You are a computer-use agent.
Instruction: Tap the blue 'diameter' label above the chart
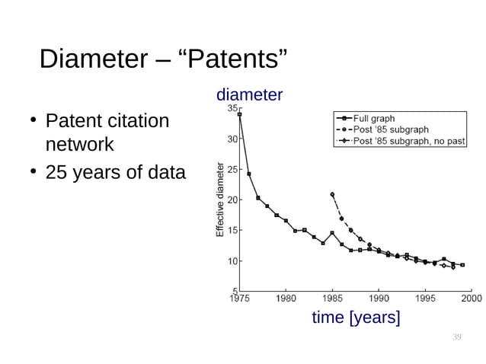point(249,95)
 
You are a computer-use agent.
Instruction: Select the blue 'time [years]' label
point(356,318)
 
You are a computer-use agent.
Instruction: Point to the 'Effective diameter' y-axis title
point(220,200)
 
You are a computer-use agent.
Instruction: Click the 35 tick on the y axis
point(232,109)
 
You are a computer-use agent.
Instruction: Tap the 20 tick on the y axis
point(232,200)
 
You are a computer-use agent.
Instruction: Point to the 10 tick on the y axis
point(232,260)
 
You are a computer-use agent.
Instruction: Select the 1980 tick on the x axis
point(286,298)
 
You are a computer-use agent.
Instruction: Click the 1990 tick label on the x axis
point(379,298)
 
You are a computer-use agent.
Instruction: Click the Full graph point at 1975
point(240,115)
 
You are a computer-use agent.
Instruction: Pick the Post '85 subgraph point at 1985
point(332,194)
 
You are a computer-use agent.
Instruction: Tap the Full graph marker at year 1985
point(332,233)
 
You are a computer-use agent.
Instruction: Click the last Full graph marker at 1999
point(462,265)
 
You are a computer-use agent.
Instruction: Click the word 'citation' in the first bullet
point(138,120)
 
